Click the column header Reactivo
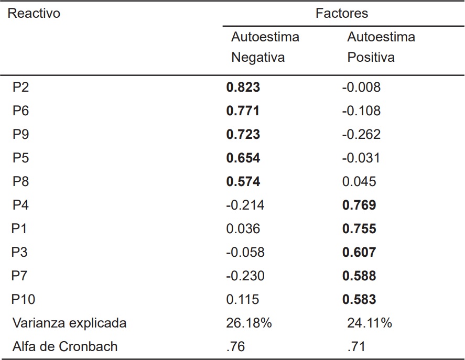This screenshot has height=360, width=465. click(x=34, y=14)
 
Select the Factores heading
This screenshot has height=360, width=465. click(x=342, y=14)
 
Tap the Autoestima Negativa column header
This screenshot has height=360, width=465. click(x=265, y=47)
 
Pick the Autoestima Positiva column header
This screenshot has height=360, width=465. click(x=381, y=47)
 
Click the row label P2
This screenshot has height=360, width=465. click(x=21, y=88)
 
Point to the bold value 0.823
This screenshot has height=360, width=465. click(x=243, y=88)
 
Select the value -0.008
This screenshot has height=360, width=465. click(x=361, y=88)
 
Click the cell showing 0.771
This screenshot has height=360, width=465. click(x=243, y=111)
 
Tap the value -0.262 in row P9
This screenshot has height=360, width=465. click(x=361, y=135)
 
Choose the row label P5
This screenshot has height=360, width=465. click(x=21, y=158)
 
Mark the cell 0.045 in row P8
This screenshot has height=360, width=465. click(x=359, y=182)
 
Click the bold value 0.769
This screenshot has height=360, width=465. click(x=359, y=205)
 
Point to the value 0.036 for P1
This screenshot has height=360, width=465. click(x=243, y=229)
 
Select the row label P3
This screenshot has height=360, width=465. click(x=20, y=253)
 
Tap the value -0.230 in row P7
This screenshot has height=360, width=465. click(x=245, y=276)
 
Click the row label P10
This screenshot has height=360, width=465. click(x=23, y=300)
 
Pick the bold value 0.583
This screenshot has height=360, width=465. click(x=359, y=300)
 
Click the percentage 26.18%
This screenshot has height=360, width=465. click(x=248, y=323)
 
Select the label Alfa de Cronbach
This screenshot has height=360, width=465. click(x=65, y=346)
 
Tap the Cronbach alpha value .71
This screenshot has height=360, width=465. click(x=356, y=346)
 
